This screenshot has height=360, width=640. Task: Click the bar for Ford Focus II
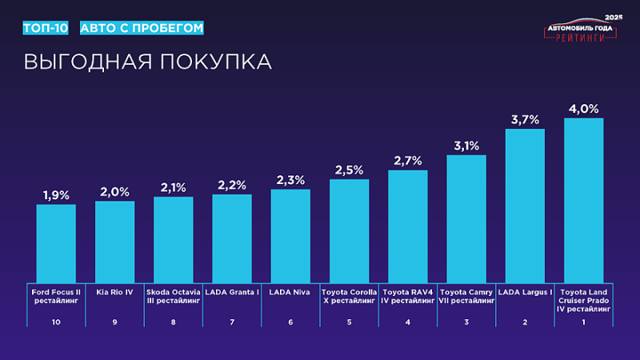tap(56, 242)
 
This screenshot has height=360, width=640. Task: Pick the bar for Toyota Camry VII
tap(466, 217)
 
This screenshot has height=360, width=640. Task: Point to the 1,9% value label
tap(56, 195)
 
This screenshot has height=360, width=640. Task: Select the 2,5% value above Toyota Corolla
tap(349, 170)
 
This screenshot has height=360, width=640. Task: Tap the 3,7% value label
tap(525, 119)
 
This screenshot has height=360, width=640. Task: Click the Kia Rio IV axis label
tap(114, 292)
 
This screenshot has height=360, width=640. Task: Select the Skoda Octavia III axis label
tap(173, 297)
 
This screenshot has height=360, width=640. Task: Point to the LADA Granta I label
tap(232, 292)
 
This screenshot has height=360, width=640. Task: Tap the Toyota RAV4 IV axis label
tap(408, 297)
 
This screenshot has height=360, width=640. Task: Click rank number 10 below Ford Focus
tap(56, 322)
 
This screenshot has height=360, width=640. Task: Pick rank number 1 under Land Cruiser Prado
tap(583, 322)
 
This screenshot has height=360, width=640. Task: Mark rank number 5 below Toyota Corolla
tap(349, 322)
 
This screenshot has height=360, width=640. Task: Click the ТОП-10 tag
tap(46, 28)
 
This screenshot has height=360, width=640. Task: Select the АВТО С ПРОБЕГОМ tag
tap(142, 28)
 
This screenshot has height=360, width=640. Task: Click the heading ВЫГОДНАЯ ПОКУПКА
tap(147, 62)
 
